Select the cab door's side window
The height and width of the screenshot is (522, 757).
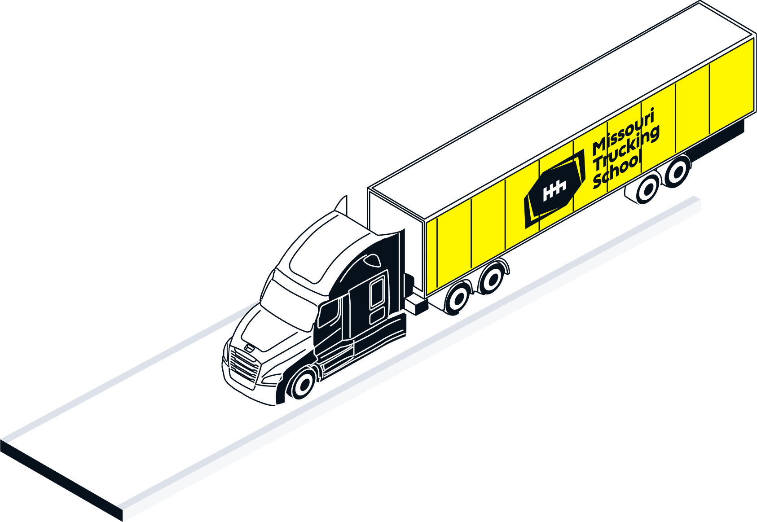pos(329,313)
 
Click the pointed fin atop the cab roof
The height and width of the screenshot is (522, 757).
pos(343,205)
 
